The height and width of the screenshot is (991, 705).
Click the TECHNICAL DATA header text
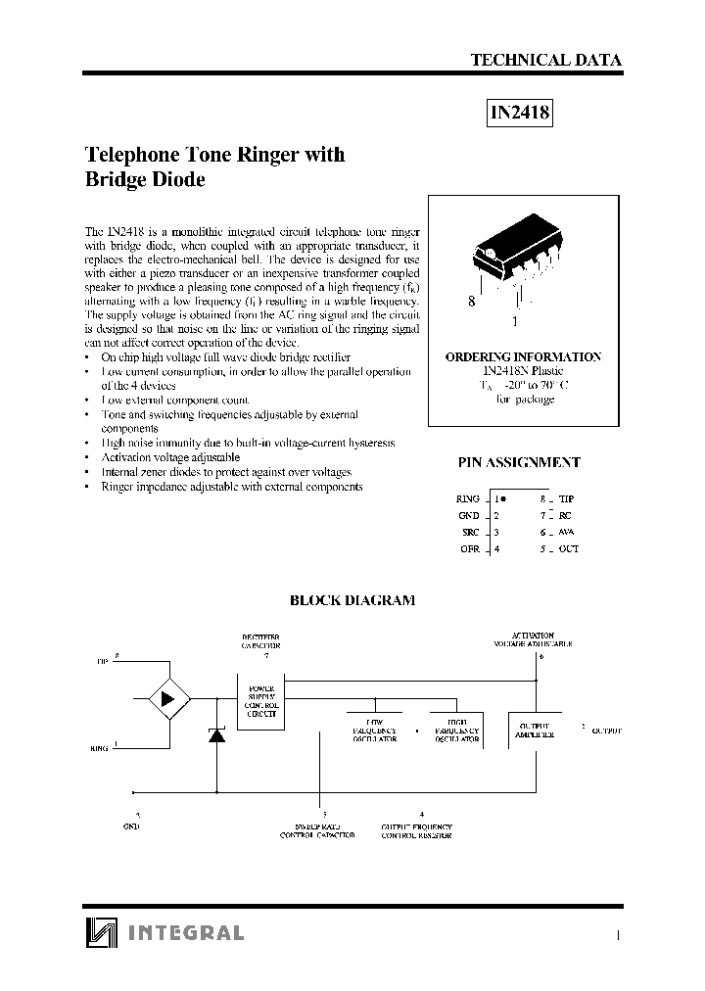545,60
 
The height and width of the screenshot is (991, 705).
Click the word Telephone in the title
126,155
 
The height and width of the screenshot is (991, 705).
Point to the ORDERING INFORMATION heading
523,357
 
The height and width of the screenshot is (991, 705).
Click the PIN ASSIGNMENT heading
519,462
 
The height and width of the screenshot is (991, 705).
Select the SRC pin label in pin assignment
470,532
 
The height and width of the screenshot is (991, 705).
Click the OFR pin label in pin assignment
470,548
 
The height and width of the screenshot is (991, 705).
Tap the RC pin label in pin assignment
566,515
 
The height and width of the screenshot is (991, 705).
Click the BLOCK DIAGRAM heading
352,600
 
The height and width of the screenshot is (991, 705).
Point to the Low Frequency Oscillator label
374,732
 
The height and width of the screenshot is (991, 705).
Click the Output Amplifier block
535,730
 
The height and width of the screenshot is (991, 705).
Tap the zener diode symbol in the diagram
216,736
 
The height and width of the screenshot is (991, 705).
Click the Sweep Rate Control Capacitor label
317,831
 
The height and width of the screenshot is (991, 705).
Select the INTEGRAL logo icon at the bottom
100,933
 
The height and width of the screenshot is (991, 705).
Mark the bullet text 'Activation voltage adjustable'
170,457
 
